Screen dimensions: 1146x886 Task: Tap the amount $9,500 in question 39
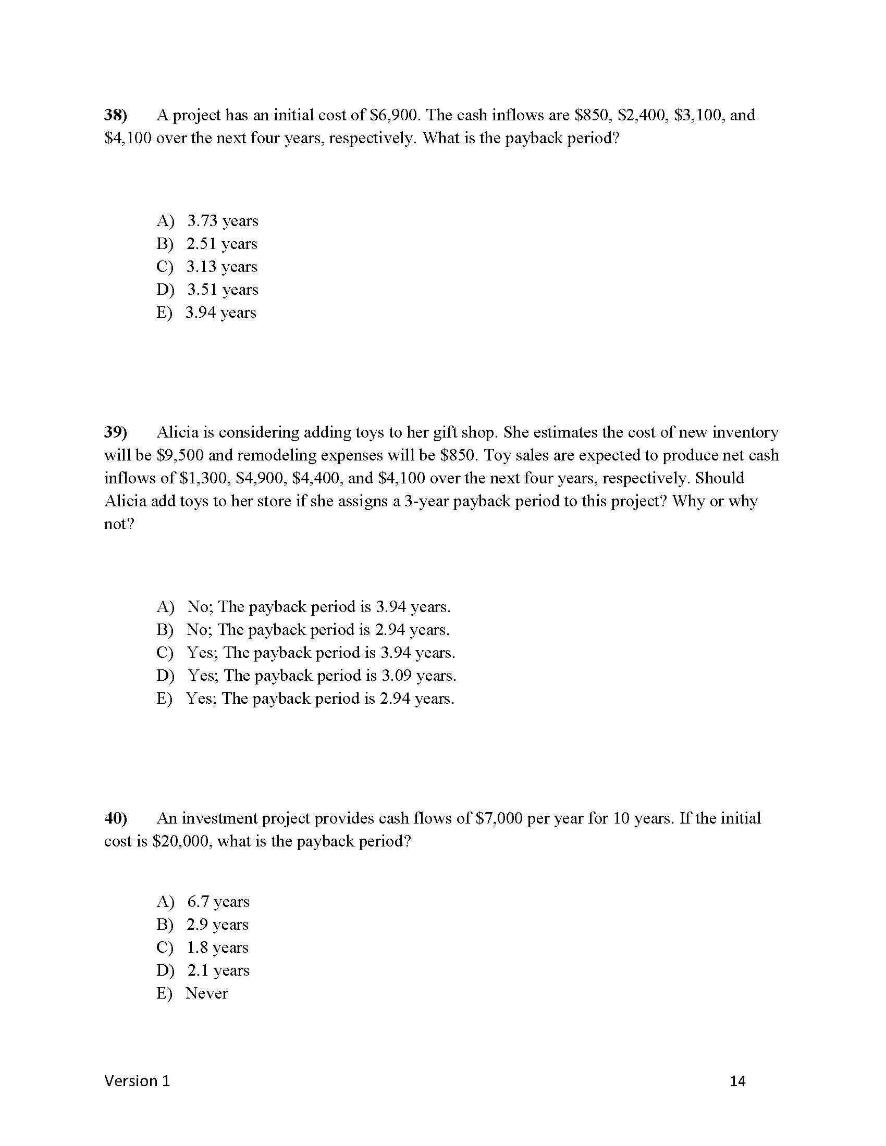(180, 455)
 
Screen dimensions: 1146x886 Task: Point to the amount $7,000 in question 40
(499, 818)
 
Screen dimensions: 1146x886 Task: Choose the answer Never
(207, 993)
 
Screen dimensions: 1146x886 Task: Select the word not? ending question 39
(119, 524)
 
